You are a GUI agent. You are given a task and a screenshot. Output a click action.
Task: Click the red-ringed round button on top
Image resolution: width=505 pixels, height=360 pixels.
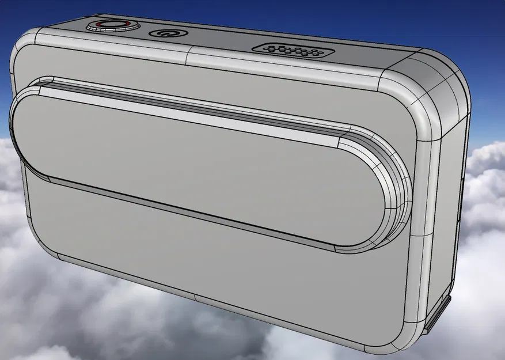click(x=113, y=25)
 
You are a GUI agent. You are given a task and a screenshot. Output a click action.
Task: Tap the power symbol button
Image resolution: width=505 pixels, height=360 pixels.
click(x=166, y=33)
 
